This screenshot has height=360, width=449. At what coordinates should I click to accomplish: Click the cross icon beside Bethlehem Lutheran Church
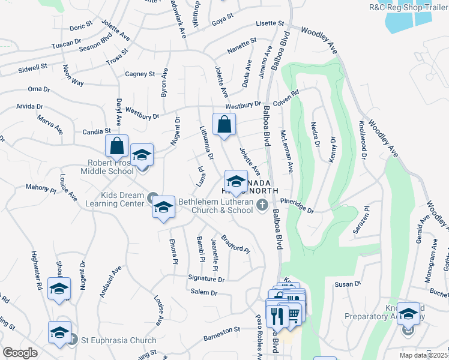point(261,206)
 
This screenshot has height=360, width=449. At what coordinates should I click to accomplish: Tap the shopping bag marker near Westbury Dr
point(223,125)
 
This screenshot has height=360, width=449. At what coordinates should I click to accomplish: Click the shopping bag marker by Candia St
point(116,146)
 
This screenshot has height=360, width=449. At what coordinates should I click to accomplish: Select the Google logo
point(20,353)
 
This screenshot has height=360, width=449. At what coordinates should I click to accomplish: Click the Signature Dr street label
point(206,279)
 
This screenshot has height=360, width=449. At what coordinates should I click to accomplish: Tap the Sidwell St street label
point(32,67)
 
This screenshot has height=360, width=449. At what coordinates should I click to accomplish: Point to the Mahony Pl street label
point(40,187)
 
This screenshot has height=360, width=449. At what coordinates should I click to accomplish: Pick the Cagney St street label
point(140,74)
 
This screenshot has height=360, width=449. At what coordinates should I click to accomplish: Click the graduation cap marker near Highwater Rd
point(59,288)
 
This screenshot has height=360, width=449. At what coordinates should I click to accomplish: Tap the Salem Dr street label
point(203,292)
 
